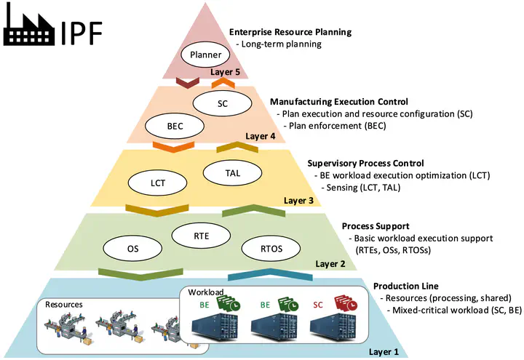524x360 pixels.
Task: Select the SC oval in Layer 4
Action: [x=223, y=104]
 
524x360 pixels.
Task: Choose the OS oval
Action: [x=132, y=249]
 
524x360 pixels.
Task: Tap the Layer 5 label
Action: [x=225, y=72]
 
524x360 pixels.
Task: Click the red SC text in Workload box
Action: [x=317, y=305]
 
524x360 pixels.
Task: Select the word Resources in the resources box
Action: [x=64, y=304]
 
